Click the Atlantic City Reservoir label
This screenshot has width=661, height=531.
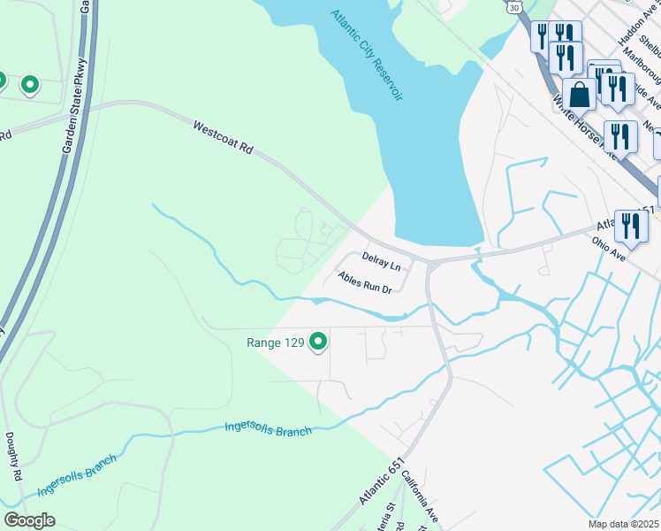pos(367,55)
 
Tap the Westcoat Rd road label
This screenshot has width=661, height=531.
pos(224,140)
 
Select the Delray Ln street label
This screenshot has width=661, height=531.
pos(382,261)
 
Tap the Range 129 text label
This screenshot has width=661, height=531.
pos(275,342)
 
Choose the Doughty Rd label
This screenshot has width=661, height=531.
pos(15,457)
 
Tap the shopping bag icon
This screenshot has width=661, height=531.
pos(581,95)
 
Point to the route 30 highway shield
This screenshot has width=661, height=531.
pos(514,6)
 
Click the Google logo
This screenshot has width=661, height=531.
pos(30,520)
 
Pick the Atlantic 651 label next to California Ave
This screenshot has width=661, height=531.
pos(381,483)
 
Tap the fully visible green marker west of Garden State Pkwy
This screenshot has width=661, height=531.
pos(30,85)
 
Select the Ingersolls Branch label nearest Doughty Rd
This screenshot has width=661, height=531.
pos(78,476)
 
